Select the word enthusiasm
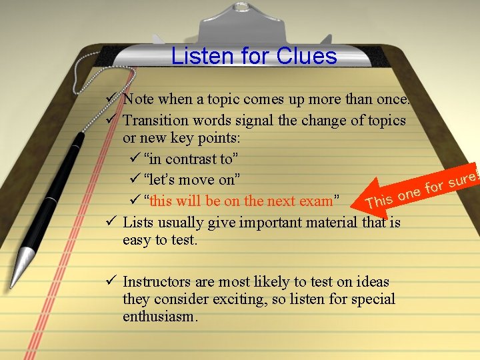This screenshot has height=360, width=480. click(160, 317)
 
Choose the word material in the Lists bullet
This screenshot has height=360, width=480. click(331, 222)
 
